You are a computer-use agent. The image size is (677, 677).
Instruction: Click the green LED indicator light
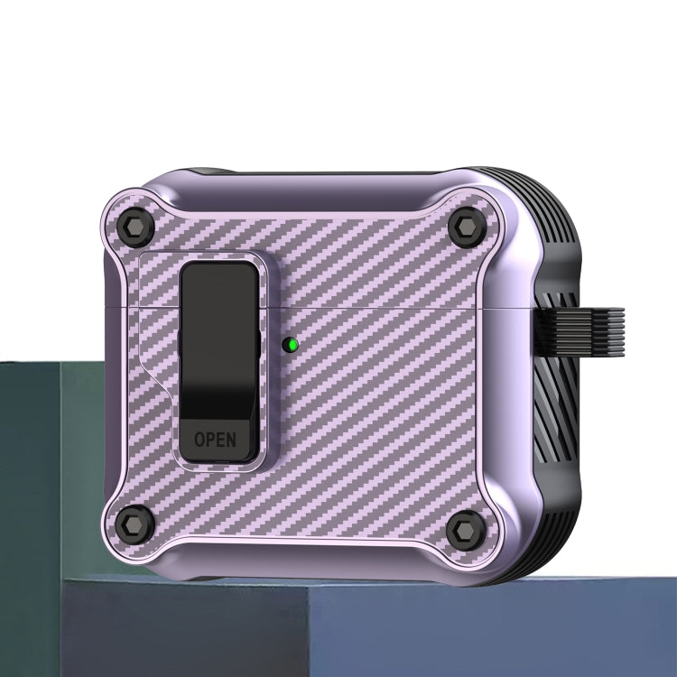click(x=288, y=344)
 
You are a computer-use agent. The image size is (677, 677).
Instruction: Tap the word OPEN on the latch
click(x=216, y=440)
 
